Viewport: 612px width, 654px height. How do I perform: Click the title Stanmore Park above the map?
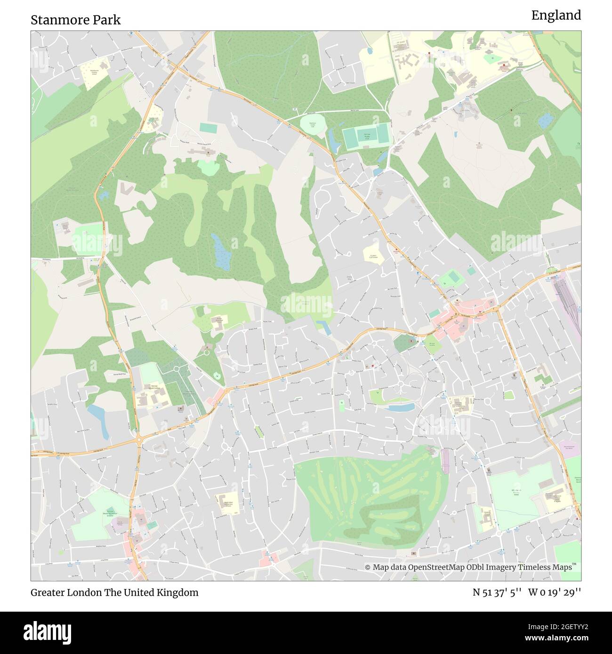point(75,20)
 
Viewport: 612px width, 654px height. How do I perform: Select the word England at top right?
point(556,16)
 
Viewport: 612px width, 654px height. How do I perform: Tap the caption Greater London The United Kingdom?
point(114,592)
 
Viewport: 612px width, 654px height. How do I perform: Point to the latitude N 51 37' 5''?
point(497,592)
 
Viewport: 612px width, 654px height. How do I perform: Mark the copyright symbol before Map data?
point(368,567)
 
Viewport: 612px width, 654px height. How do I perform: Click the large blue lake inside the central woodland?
point(220,252)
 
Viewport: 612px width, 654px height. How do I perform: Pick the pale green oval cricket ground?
point(312,125)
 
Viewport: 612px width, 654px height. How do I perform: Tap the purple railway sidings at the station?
point(567,301)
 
